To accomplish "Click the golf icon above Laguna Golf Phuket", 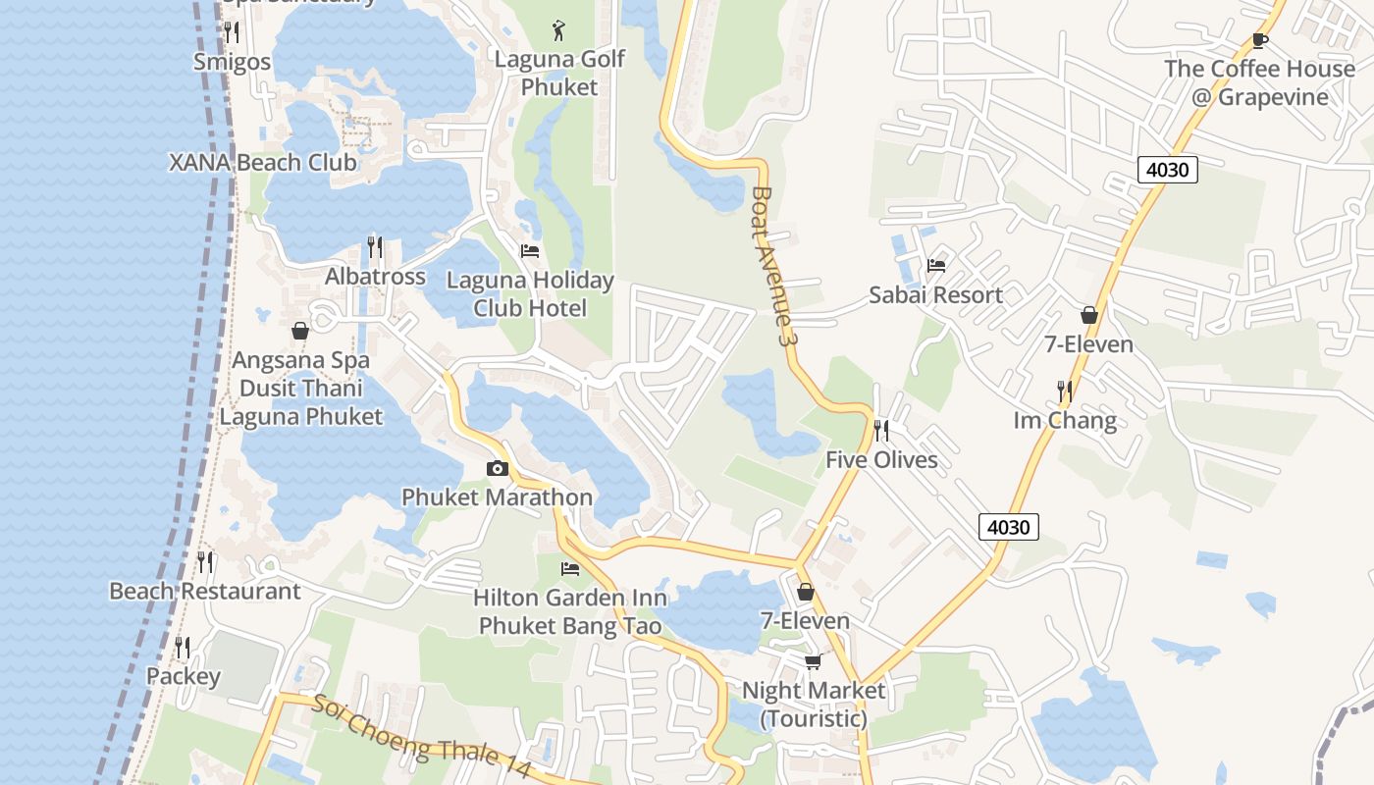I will click(x=558, y=30).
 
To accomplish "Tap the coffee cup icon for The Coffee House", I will click(x=1259, y=40).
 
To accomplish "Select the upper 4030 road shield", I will click(x=1168, y=170).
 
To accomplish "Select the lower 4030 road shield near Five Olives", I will click(x=1008, y=527).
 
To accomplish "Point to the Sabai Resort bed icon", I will click(x=935, y=266).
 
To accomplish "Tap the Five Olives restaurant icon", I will click(x=880, y=431).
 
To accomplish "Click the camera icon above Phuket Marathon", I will click(x=497, y=469).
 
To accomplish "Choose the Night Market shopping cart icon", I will click(x=813, y=662).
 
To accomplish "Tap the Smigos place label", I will click(x=232, y=62).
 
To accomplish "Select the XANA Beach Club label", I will click(x=262, y=162).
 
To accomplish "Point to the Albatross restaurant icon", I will click(x=375, y=247).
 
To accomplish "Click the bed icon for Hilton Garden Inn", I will click(x=569, y=569).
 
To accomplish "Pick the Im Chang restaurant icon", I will click(x=1065, y=392).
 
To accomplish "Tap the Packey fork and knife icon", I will click(x=183, y=648).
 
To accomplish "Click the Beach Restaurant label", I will click(x=204, y=591).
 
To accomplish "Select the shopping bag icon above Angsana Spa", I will click(x=300, y=332).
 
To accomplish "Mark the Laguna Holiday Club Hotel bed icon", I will click(x=530, y=251).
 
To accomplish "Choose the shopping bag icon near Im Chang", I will click(x=1088, y=315).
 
